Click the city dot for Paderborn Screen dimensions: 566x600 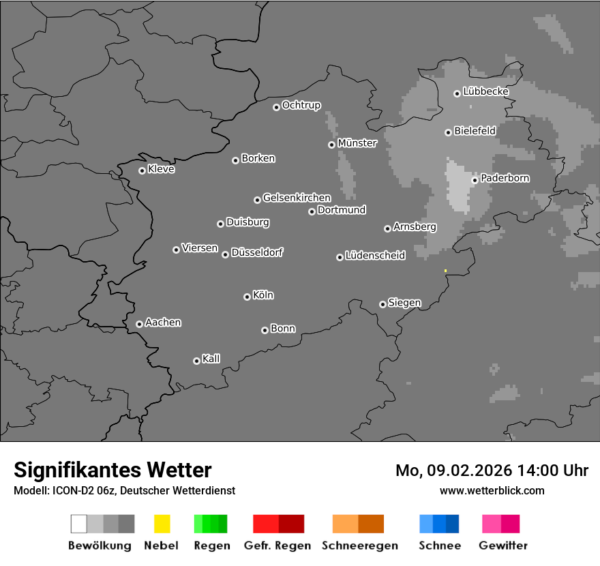tap(475, 180)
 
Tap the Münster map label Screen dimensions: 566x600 tap(357, 143)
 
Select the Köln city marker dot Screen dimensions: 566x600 tap(247, 297)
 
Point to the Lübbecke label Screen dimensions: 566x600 tap(486, 91)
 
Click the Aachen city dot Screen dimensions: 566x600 tap(139, 324)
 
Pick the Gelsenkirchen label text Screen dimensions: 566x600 tap(297, 198)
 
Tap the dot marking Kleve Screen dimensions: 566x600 tap(142, 170)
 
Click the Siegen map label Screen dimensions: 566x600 tap(404, 303)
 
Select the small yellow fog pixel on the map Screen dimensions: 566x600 tap(445, 271)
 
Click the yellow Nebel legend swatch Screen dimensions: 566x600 tap(162, 524)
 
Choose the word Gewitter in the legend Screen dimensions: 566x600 tap(503, 546)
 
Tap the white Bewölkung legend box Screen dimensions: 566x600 tap(79, 524)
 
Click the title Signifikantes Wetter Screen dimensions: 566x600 tap(112, 470)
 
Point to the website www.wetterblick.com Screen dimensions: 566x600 tap(492, 490)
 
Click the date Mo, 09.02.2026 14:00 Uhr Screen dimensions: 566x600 tap(492, 471)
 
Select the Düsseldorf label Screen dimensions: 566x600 tap(257, 252)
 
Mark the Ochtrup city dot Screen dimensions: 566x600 tap(276, 106)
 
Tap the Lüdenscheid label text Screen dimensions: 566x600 tap(375, 256)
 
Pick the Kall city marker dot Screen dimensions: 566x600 tap(196, 361)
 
